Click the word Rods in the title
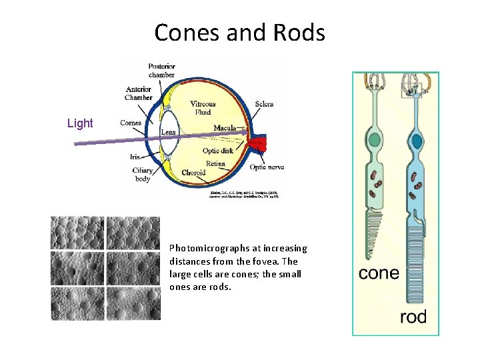click(299, 32)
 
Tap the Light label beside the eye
click(80, 123)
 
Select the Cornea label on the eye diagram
click(131, 123)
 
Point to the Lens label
click(169, 132)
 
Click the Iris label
click(135, 157)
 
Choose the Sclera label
click(264, 104)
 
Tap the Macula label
click(227, 127)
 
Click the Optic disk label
click(218, 151)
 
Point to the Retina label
click(215, 163)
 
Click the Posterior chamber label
click(161, 70)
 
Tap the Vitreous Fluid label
click(203, 108)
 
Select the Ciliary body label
click(142, 175)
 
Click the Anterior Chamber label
click(139, 93)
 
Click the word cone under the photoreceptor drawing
click(379, 273)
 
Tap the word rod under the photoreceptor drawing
click(413, 317)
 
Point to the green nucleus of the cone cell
click(375, 140)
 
